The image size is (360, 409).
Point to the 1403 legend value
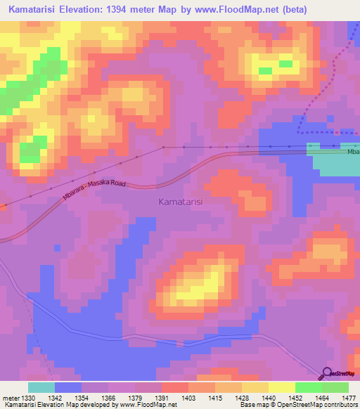coord(188,398)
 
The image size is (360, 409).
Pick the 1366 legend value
coord(108,398)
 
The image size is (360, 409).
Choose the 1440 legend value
coord(268,398)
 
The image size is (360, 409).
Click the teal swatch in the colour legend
coord(41,387)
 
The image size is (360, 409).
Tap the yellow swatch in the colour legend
coord(281,387)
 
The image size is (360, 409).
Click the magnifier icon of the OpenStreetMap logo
coord(326,373)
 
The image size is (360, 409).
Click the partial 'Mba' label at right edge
coord(353,151)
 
